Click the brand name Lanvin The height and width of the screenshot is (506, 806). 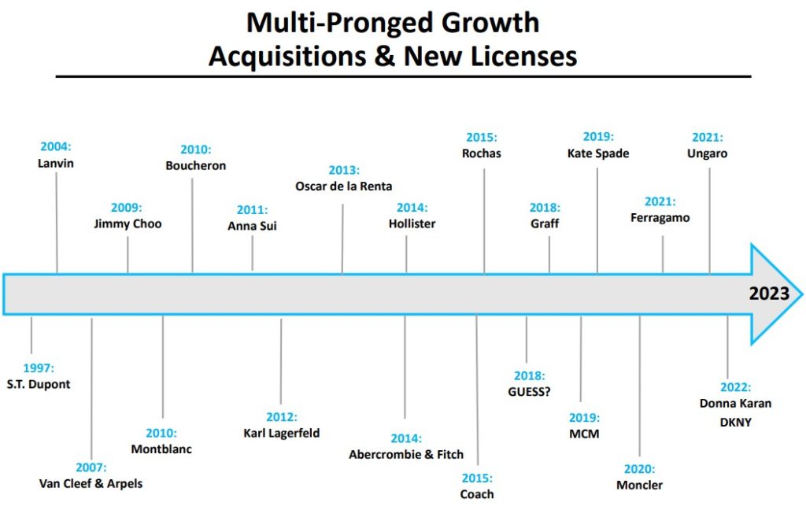click(55, 164)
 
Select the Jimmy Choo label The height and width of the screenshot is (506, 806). click(127, 223)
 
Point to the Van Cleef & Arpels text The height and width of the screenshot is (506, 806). click(91, 482)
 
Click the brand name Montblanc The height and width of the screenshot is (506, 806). click(162, 449)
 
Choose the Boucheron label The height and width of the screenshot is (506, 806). click(196, 165)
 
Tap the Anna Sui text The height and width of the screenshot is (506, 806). click(252, 226)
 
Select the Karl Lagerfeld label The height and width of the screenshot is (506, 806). click(282, 433)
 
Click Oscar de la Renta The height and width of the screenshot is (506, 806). click(343, 187)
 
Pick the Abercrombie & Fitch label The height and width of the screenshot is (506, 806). click(406, 454)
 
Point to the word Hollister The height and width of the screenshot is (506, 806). click(412, 223)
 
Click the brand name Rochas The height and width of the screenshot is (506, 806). click(481, 153)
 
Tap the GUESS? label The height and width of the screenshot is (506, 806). click(529, 391)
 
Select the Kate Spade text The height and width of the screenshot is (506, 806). click(598, 153)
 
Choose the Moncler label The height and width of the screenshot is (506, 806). click(639, 485)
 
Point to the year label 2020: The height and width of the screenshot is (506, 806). click(639, 469)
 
